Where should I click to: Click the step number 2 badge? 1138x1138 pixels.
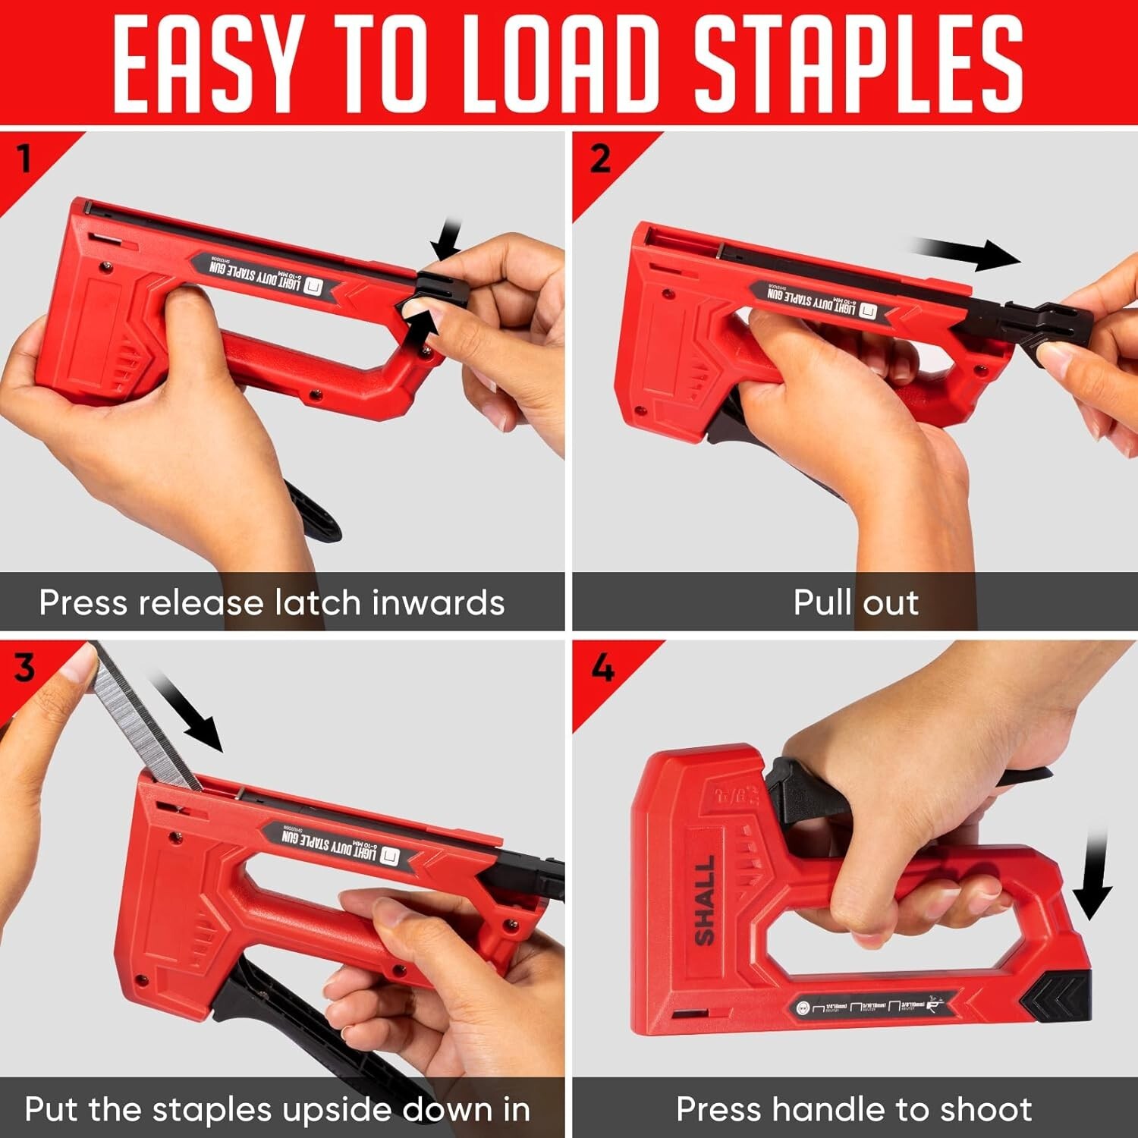point(599,159)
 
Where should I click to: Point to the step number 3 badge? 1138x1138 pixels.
point(24,668)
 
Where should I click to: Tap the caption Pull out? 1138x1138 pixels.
point(855,603)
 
